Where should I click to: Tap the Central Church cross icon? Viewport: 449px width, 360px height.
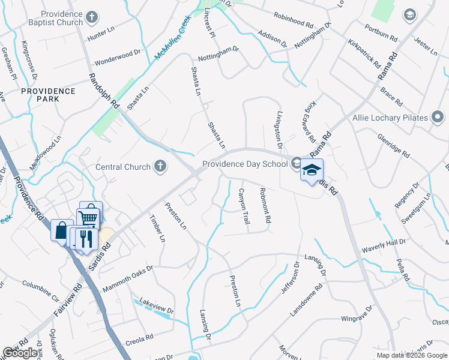(160, 166)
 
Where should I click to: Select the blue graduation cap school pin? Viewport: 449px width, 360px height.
(312, 170)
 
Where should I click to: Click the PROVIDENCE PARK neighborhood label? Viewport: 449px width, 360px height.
(48, 95)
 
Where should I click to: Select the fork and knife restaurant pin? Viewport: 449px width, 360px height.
(85, 238)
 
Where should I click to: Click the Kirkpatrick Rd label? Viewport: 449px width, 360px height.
(364, 53)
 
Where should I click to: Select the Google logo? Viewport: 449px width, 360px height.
(20, 353)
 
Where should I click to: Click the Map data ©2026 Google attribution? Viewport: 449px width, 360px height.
(412, 355)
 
